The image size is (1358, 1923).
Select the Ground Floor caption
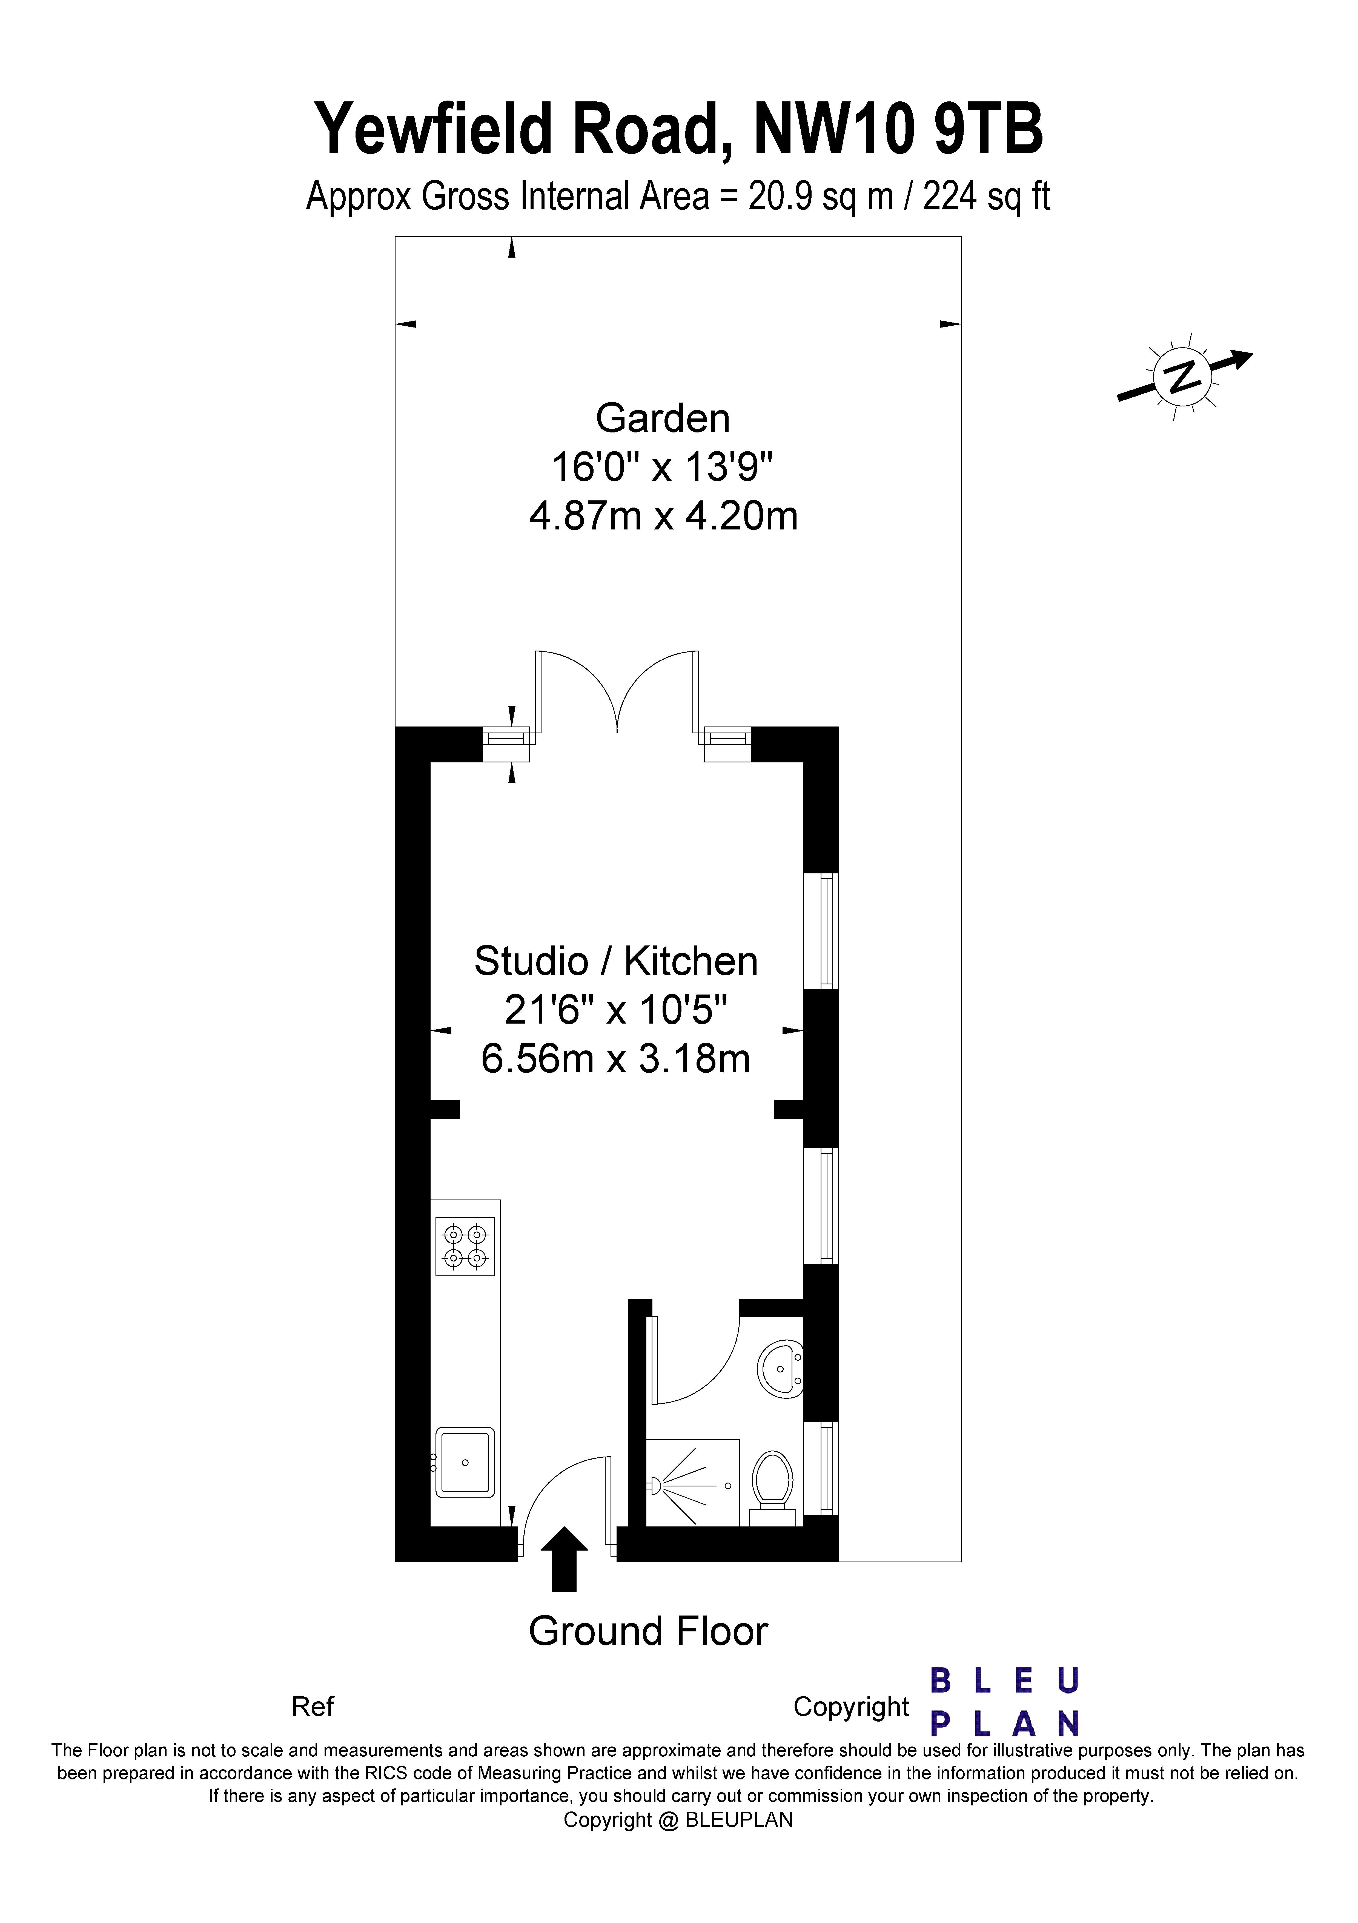(x=648, y=1631)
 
